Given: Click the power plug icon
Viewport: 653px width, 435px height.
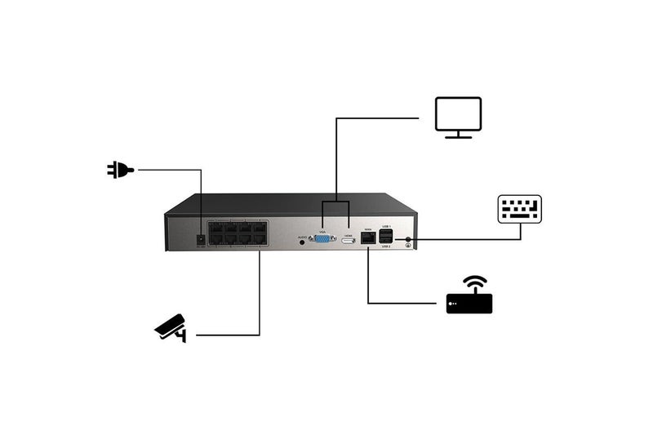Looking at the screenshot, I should (x=119, y=170).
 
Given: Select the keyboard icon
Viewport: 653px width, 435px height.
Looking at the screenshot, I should (x=520, y=209).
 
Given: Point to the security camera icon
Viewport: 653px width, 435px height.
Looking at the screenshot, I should (x=171, y=327).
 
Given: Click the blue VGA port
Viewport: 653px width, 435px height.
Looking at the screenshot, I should (x=322, y=239).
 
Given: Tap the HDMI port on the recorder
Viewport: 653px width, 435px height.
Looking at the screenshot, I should (x=348, y=240).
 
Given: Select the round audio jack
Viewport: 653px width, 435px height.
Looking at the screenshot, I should (x=304, y=241).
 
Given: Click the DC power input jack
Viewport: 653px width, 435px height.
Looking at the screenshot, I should (x=199, y=239).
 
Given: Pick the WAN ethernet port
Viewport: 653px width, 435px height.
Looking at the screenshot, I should (x=367, y=239).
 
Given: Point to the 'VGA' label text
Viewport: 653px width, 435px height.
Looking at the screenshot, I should (x=322, y=229).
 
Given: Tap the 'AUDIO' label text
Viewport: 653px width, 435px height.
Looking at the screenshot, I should (x=301, y=234).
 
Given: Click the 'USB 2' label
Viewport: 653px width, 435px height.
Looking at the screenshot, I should (x=386, y=247).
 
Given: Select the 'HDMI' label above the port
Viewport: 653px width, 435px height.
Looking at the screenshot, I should (x=348, y=233).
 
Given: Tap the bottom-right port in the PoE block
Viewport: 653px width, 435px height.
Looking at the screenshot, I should (x=259, y=243).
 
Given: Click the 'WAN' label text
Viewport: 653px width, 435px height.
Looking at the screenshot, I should (x=367, y=229).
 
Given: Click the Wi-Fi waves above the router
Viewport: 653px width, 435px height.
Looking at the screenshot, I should (x=474, y=284).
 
